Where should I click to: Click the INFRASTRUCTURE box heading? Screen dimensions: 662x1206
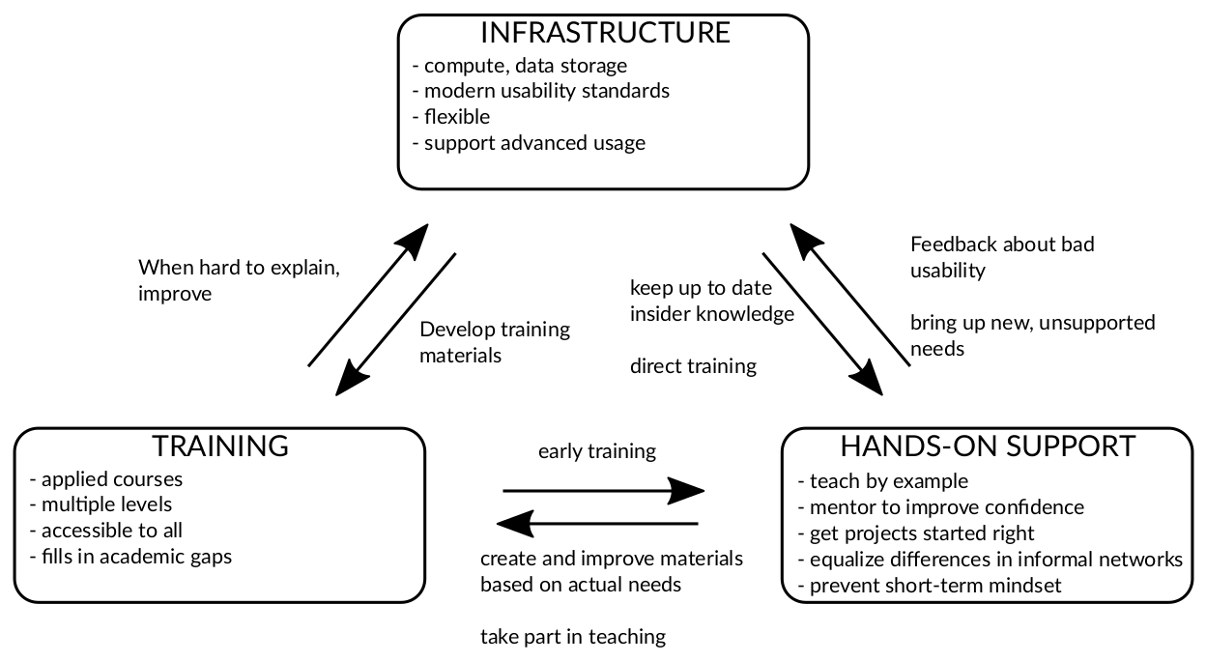coord(605,33)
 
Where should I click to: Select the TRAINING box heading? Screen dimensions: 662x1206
coord(220,446)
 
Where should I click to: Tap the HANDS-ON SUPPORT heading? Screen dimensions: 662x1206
coord(988,446)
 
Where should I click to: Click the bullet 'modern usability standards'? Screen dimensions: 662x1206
coord(541,92)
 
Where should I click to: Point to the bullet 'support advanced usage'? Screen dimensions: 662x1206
coord(529,143)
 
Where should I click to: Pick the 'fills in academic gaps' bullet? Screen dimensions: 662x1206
coord(131,557)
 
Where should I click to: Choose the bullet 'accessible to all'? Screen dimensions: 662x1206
coord(106,531)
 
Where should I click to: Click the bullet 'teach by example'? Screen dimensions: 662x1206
coord(883,481)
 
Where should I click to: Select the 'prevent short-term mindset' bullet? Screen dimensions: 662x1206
coord(930,586)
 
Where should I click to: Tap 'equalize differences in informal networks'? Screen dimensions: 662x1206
coord(991,560)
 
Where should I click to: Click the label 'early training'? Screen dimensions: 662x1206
coord(597,451)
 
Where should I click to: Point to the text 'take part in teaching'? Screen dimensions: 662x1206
coord(573,637)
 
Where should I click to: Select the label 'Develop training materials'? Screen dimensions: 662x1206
coord(495,342)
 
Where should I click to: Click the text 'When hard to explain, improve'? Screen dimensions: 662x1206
coord(239,280)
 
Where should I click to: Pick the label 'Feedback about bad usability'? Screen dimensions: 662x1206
coord(1002,257)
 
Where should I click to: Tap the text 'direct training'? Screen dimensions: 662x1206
coord(693,366)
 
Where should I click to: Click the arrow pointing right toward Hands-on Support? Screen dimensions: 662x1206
coord(604,491)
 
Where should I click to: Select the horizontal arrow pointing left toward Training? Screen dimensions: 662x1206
coord(597,525)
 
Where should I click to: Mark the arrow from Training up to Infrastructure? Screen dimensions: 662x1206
coord(368,295)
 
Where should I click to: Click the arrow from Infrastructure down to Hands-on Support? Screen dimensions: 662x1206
coord(822,324)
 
